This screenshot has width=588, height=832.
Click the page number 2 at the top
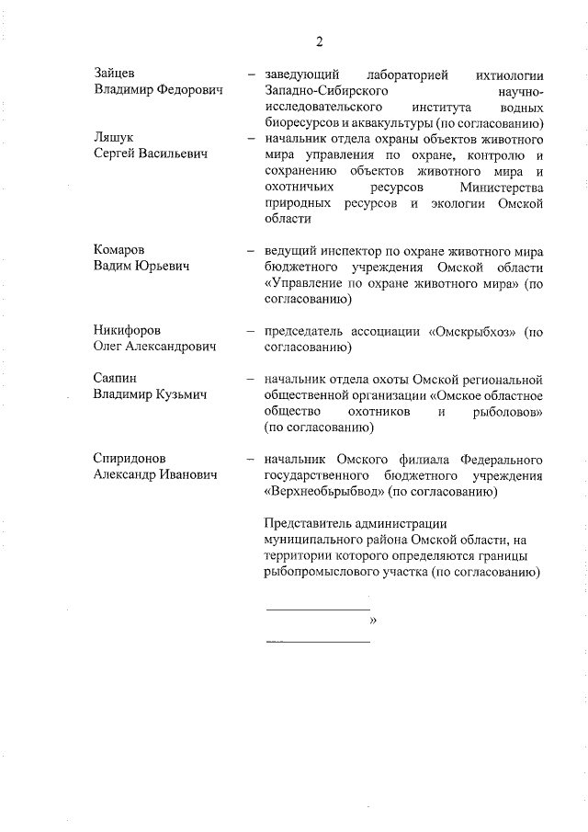point(319,41)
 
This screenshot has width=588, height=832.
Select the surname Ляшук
point(114,137)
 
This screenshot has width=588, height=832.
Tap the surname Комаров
point(120,250)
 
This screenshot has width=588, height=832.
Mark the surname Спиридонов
point(130,458)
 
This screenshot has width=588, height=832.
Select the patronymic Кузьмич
point(180,394)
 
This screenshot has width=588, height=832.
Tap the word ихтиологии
point(507,74)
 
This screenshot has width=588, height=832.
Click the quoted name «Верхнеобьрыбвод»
point(323,492)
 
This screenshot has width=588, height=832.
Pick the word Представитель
point(306,524)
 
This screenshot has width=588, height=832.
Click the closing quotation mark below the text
point(373,620)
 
